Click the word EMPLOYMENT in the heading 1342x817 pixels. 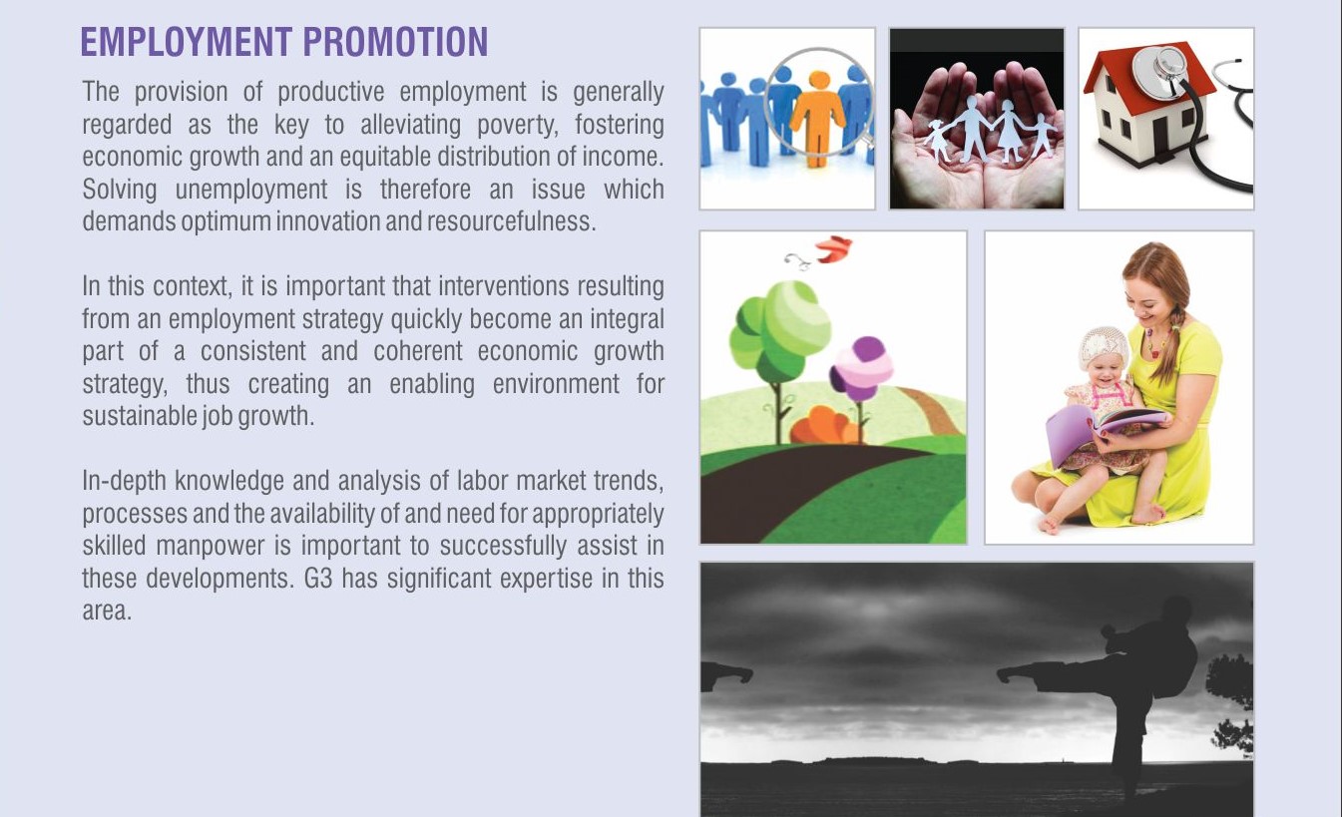tap(187, 42)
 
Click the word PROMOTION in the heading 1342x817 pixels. tap(395, 42)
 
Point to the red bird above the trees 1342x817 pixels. tap(833, 248)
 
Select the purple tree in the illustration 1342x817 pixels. tap(861, 368)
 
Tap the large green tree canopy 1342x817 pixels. tap(779, 329)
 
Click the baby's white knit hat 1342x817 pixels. tap(1103, 347)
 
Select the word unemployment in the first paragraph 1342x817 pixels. tap(251, 190)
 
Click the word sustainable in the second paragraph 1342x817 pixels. tap(139, 416)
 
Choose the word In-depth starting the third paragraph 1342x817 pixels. tap(124, 482)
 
